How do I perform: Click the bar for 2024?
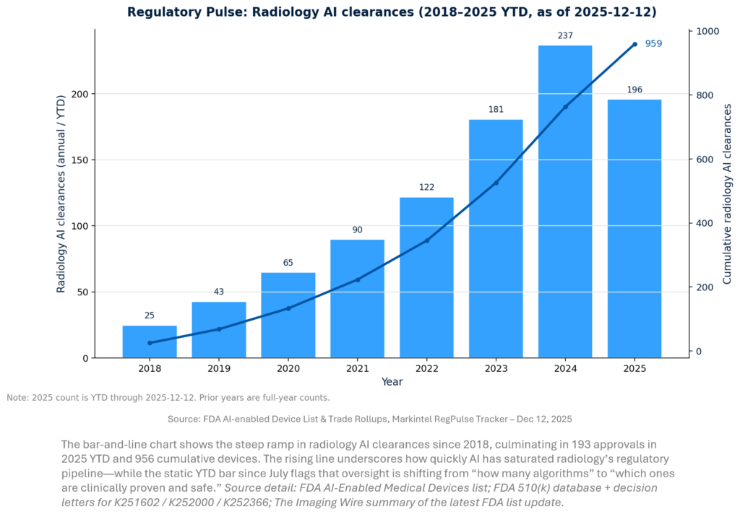[565, 202]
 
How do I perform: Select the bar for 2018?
[150, 342]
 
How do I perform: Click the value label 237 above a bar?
[565, 35]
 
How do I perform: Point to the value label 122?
[426, 188]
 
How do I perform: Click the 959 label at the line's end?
[653, 43]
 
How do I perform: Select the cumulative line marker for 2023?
[496, 183]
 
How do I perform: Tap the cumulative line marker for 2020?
[288, 308]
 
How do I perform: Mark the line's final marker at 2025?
[634, 44]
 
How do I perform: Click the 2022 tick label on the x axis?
[426, 368]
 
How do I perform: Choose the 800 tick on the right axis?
[705, 95]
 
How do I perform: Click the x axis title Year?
[392, 382]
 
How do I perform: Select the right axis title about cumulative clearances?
[727, 194]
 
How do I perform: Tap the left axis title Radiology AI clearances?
[61, 195]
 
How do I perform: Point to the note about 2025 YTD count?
[168, 398]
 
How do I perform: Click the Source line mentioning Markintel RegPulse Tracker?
[370, 419]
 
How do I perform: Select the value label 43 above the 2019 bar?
[219, 292]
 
